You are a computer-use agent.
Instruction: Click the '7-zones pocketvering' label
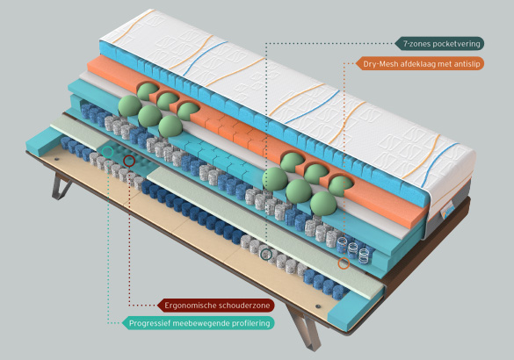click(x=439, y=44)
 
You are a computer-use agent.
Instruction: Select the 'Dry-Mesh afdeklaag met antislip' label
click(x=420, y=64)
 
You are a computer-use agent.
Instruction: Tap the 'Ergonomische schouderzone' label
click(x=215, y=306)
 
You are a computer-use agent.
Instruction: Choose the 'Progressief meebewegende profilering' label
click(x=198, y=323)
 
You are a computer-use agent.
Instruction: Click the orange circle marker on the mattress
click(x=344, y=263)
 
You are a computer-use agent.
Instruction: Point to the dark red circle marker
click(x=129, y=161)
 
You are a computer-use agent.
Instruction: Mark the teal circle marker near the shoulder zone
click(x=107, y=152)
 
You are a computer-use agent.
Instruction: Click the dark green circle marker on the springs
click(x=266, y=254)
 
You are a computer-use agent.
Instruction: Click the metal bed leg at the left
click(x=61, y=186)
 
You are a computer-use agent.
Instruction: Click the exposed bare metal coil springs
click(x=355, y=248)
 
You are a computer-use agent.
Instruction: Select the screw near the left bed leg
click(x=57, y=159)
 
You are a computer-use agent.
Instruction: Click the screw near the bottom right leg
click(x=317, y=306)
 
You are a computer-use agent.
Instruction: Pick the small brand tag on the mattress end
click(x=446, y=212)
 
